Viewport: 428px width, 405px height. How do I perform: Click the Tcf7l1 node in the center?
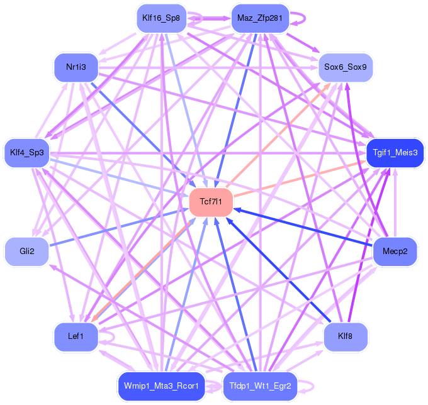point(211,202)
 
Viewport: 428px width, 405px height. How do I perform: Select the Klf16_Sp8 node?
point(161,18)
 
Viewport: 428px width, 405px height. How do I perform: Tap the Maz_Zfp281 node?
point(260,18)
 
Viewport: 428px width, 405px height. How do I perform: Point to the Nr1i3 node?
point(76,67)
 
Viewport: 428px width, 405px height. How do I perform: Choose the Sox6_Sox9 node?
point(346,67)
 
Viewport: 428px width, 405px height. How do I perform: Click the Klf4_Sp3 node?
point(26,153)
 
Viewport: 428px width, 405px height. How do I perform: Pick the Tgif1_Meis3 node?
point(395,153)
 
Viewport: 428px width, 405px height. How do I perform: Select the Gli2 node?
point(26,251)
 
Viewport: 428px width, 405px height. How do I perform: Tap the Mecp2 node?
point(395,251)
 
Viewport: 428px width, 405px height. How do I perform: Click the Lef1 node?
point(76,336)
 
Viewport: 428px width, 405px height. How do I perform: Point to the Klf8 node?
point(346,336)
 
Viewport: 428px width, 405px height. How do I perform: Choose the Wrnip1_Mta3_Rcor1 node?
point(161,386)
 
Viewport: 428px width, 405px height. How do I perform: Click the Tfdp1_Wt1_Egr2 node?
point(260,386)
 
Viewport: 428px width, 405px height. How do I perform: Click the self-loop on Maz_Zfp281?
point(305,18)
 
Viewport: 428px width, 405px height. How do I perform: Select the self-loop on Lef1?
point(114,337)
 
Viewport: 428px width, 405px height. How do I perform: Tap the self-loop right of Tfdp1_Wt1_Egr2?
point(313,386)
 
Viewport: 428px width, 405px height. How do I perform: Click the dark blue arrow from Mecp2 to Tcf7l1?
point(303,228)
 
